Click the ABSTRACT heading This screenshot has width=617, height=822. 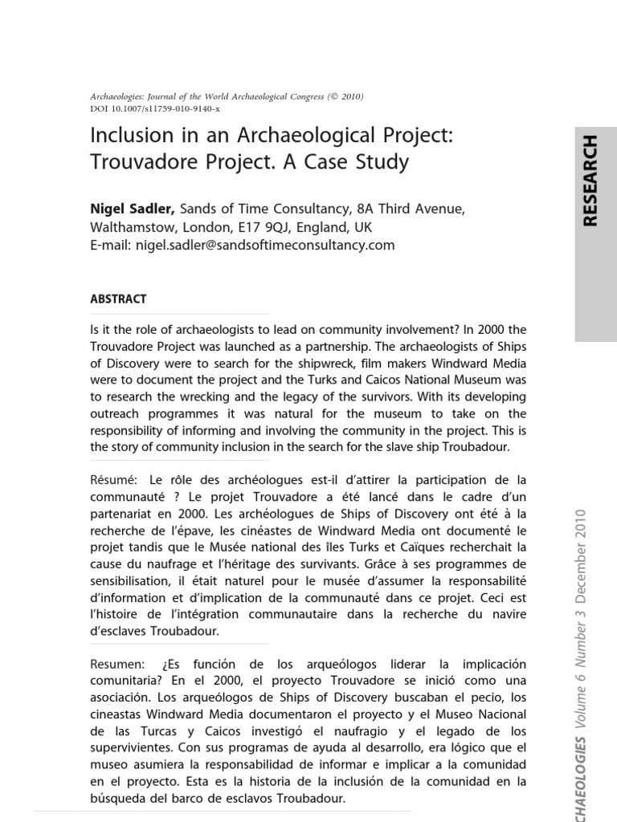coord(118,299)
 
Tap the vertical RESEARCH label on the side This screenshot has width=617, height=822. coord(590,181)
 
